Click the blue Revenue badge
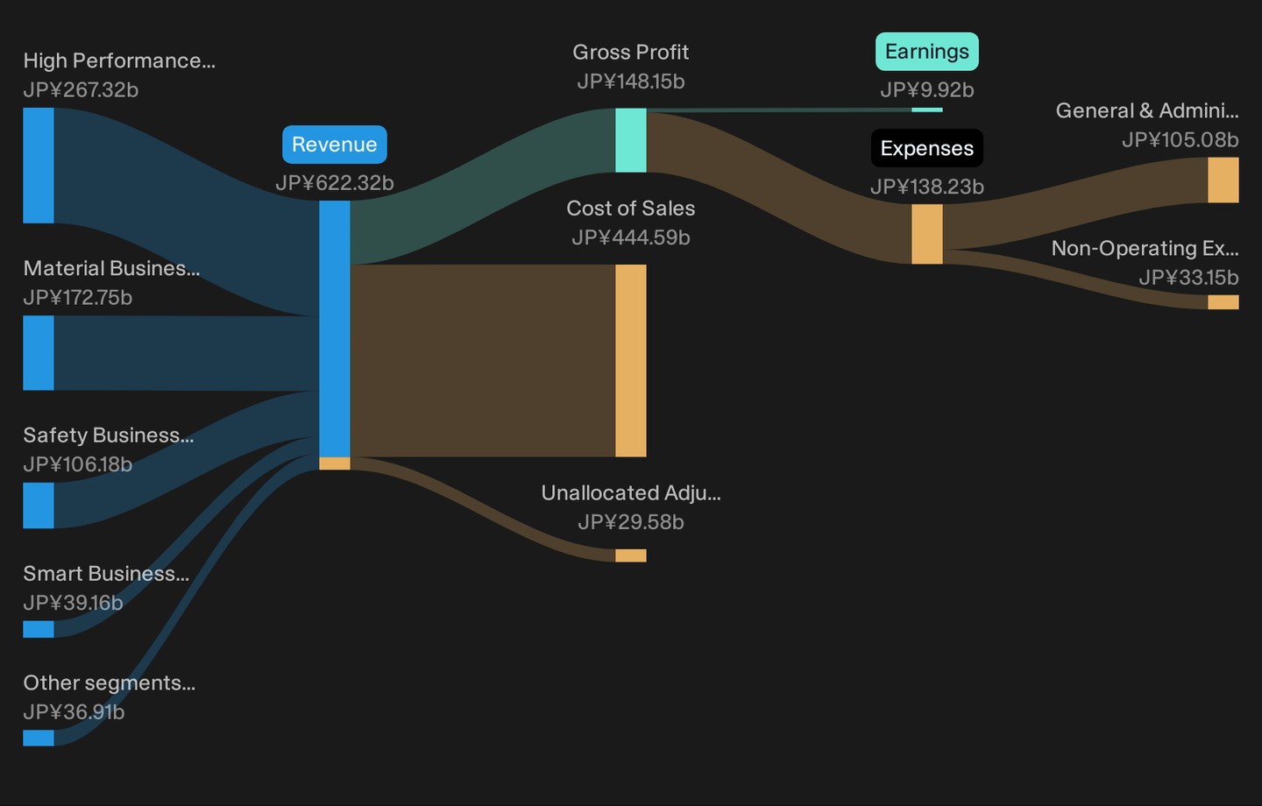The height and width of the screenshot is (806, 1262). (334, 145)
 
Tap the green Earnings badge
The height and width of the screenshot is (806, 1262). (927, 52)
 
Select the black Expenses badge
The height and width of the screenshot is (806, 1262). (927, 148)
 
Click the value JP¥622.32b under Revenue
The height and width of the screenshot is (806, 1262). (334, 183)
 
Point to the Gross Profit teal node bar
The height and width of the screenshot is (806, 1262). (630, 140)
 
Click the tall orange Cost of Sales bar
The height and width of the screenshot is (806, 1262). (630, 360)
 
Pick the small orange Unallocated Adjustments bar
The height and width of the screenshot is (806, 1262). (630, 555)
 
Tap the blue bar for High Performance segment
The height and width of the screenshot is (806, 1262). (39, 166)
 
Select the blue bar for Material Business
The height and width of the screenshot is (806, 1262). (39, 352)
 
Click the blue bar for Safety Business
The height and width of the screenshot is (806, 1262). (39, 506)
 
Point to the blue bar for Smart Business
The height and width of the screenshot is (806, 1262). (39, 629)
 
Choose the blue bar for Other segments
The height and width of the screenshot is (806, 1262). (39, 738)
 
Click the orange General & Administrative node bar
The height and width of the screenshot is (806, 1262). (1223, 180)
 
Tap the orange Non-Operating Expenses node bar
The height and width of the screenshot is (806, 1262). (1223, 302)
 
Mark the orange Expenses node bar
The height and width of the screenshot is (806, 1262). (927, 234)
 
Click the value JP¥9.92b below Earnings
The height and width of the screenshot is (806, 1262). (927, 90)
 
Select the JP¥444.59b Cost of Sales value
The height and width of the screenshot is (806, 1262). (630, 237)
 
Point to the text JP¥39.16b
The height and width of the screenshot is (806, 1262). (74, 603)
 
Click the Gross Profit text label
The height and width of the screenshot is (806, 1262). (630, 53)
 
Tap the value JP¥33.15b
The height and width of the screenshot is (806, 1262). (1188, 278)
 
